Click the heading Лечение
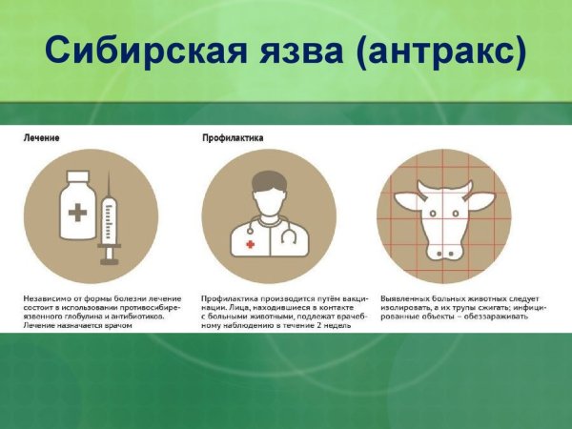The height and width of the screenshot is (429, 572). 42,138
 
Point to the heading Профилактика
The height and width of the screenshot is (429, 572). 234,138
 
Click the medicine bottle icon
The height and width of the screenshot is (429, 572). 78,211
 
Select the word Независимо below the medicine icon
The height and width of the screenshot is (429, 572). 50,297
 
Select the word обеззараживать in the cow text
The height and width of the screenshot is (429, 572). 510,316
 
